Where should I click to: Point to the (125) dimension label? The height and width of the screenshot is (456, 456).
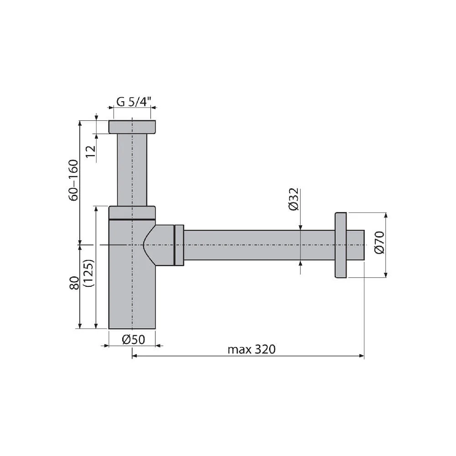pyautogui.click(x=89, y=273)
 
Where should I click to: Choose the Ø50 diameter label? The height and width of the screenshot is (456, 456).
pyautogui.click(x=133, y=339)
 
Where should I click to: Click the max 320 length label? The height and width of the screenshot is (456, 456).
pyautogui.click(x=252, y=349)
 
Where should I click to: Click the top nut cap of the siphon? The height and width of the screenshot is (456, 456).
pyautogui.click(x=132, y=127)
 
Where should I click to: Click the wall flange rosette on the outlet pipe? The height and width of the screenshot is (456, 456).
pyautogui.click(x=341, y=245)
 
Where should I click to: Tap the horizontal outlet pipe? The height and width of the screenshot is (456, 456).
pyautogui.click(x=260, y=245)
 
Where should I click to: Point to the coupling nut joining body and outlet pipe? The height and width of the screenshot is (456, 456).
pyautogui.click(x=179, y=245)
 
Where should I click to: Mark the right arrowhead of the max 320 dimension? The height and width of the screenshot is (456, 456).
pyautogui.click(x=362, y=356)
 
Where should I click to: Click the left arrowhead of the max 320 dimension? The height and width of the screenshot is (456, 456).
pyautogui.click(x=135, y=356)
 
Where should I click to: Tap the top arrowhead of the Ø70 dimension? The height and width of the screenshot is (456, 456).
pyautogui.click(x=386, y=216)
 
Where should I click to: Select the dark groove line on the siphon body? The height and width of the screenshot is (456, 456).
pyautogui.click(x=132, y=220)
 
